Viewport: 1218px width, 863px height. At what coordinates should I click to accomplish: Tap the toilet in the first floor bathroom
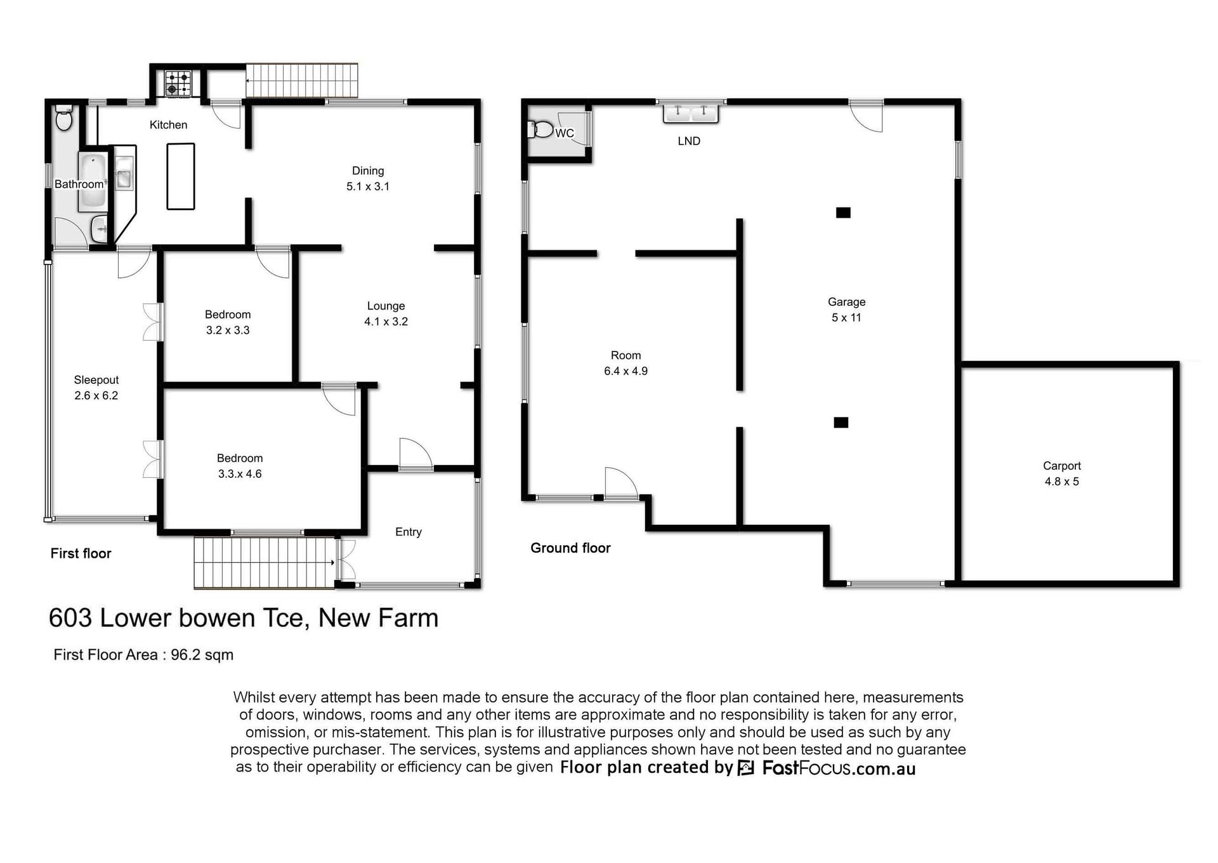point(64,118)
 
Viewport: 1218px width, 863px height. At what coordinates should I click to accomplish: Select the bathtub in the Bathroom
point(93,181)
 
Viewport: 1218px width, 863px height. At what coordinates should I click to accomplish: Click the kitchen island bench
point(181,176)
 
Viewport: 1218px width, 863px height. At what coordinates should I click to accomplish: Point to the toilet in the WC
point(540,129)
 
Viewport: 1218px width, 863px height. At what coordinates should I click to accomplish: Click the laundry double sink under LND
point(691,113)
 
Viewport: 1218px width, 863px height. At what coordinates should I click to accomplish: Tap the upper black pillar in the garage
point(843,213)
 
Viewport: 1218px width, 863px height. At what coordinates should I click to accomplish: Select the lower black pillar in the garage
point(841,423)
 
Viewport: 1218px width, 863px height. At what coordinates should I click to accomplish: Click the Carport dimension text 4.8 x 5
point(1062,482)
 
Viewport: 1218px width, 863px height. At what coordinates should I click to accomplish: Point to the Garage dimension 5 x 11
point(846,318)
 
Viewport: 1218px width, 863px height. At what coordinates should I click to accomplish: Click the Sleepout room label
point(96,380)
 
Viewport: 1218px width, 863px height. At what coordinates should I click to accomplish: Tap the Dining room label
point(368,171)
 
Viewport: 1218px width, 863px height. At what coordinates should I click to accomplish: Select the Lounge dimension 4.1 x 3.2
point(386,322)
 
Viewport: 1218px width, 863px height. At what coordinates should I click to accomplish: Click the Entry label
point(409,532)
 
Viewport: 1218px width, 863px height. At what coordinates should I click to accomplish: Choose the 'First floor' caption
point(81,553)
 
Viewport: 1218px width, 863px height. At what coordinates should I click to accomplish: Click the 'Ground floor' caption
point(570,548)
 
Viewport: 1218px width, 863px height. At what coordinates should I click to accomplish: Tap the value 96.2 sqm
point(202,655)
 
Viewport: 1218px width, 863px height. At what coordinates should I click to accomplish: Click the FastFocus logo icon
point(746,768)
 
